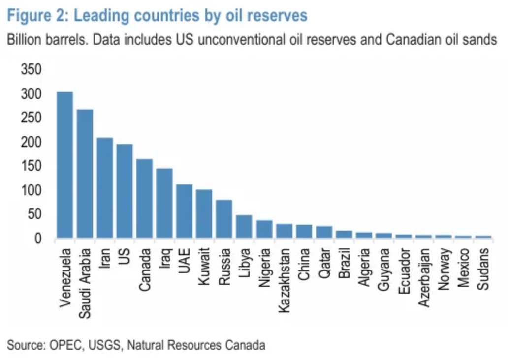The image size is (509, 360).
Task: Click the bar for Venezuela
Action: pos(65,165)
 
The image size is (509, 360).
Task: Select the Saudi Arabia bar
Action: pos(85,174)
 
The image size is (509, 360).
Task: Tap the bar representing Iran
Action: pos(105,188)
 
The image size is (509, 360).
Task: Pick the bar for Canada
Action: pos(144,199)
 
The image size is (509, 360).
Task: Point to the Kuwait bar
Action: pos(204,214)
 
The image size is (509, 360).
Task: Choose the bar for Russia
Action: pos(224,219)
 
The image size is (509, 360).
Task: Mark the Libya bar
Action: pos(244,227)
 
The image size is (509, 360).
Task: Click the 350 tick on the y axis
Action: pos(31,70)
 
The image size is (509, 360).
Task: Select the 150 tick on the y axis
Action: pos(31,166)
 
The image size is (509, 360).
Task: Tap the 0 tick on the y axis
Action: pos(37,239)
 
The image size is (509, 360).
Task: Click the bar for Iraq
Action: pos(164,204)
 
